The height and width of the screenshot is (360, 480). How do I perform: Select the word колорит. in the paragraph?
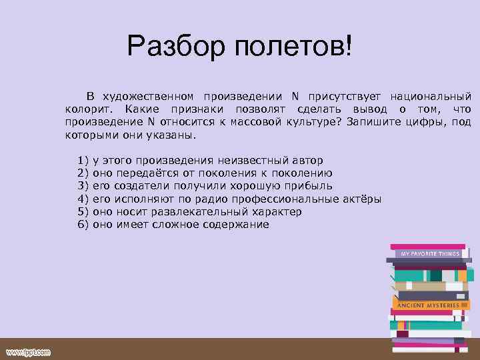click(x=89, y=109)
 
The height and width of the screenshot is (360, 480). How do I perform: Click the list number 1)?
click(x=84, y=161)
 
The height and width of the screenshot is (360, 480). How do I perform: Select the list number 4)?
click(x=84, y=199)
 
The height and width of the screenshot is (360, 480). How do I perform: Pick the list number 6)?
click(x=84, y=225)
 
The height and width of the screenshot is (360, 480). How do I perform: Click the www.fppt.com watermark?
click(x=29, y=351)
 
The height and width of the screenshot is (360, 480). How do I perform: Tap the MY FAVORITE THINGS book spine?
click(x=429, y=254)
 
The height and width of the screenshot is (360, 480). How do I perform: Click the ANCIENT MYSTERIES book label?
click(x=428, y=305)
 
